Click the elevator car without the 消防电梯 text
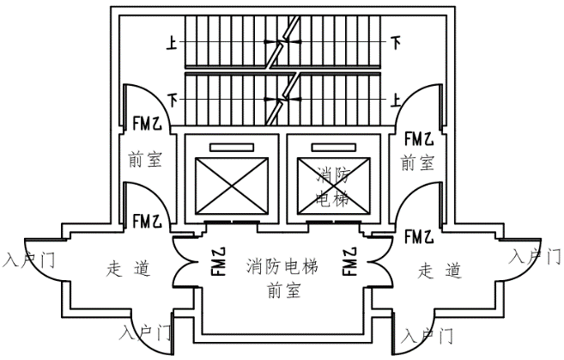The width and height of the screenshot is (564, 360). [x=232, y=186]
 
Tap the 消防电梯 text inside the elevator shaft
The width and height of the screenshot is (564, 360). [x=333, y=186]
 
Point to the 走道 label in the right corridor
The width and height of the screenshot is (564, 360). [x=440, y=270]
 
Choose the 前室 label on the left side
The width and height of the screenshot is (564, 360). [x=144, y=159]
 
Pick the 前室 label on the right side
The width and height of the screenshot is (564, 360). [x=417, y=161]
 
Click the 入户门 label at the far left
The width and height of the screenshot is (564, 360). [x=27, y=258]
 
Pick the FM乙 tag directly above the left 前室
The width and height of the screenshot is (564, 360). [x=146, y=124]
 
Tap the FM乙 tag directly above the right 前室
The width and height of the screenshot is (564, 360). [x=418, y=137]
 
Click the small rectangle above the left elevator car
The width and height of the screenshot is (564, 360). [x=232, y=146]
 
